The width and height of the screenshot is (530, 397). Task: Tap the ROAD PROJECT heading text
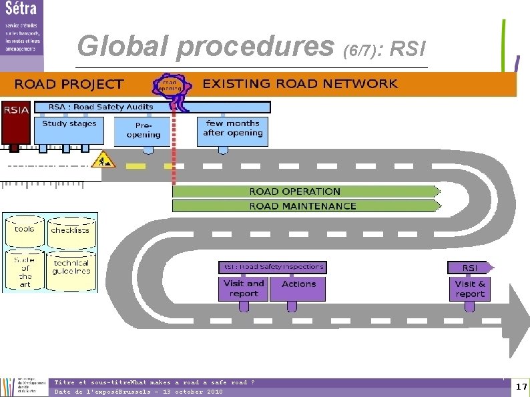pos(69,84)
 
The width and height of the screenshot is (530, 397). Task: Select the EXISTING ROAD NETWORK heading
pos(300,83)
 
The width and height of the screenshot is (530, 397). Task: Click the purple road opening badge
pos(171,85)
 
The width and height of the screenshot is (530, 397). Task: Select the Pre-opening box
pos(143,131)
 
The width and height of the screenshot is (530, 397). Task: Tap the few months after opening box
pos(233,129)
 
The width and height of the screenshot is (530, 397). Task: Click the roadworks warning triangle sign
pos(105,159)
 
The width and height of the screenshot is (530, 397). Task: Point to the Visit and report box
pos(243,288)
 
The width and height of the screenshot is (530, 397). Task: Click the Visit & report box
pos(470,288)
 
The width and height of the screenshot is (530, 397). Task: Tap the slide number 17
pos(521,387)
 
